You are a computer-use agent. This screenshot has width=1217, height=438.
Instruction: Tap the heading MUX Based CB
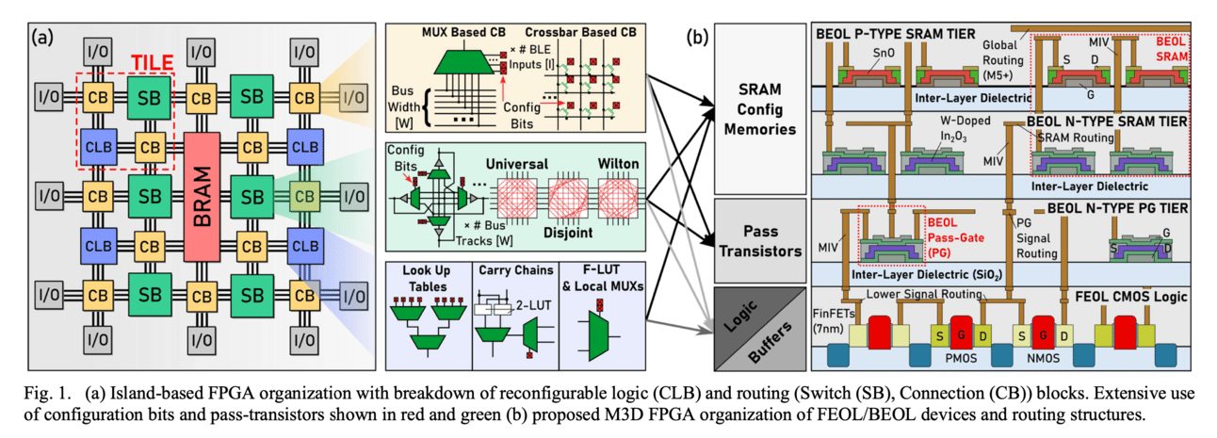click(x=460, y=33)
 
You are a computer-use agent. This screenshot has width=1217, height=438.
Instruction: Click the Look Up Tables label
click(x=426, y=285)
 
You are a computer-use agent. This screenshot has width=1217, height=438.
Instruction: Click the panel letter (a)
click(x=45, y=38)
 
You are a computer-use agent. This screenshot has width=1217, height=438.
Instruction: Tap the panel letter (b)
click(x=699, y=38)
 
